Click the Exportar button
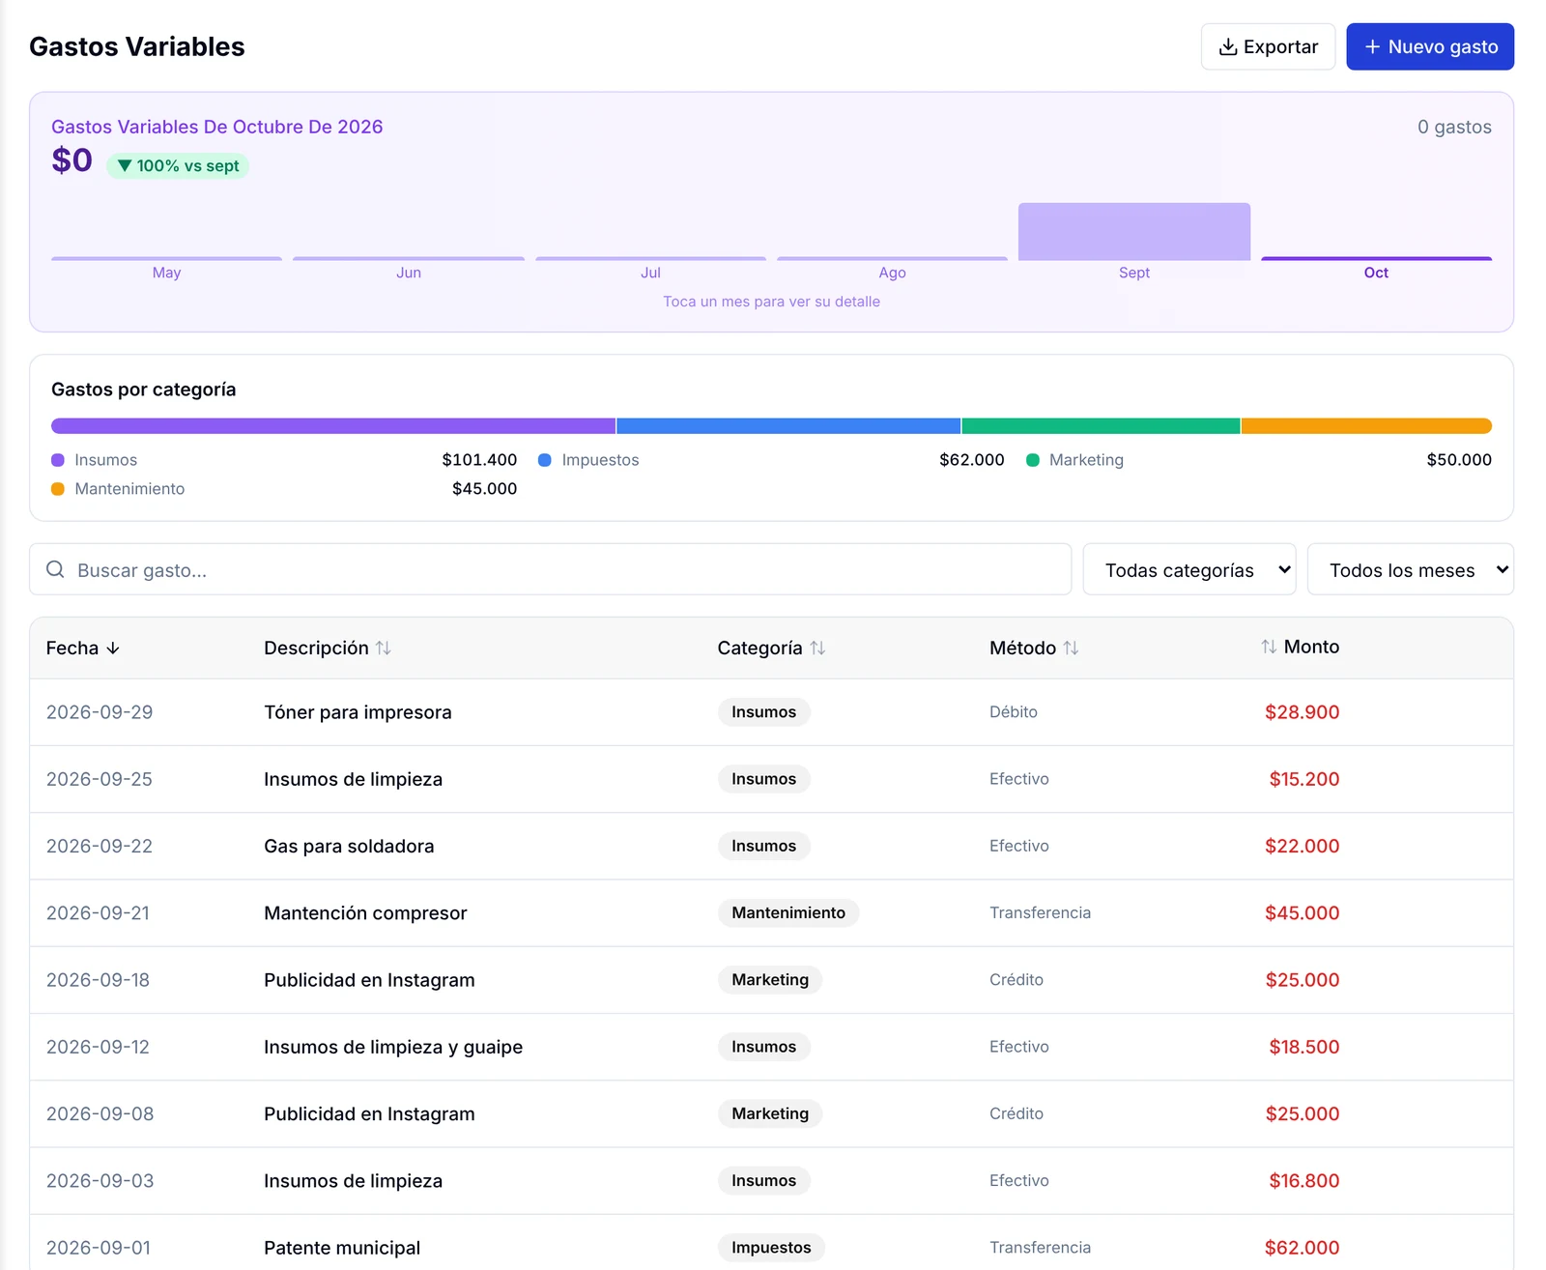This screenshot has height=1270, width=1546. (x=1267, y=47)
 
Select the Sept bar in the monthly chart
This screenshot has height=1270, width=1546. (x=1133, y=232)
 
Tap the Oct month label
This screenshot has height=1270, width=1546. (x=1375, y=273)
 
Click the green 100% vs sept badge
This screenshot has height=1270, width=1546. (x=178, y=165)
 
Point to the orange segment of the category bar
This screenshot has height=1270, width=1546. (x=1365, y=426)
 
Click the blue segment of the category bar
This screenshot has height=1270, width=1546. (x=788, y=426)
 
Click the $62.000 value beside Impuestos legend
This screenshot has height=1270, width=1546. (x=971, y=460)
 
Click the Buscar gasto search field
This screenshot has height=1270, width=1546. (x=550, y=569)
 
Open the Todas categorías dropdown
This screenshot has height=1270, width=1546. (x=1188, y=569)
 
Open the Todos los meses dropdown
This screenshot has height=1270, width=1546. (x=1410, y=569)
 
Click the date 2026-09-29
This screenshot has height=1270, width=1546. (x=100, y=712)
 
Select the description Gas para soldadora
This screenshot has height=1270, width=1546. (x=349, y=846)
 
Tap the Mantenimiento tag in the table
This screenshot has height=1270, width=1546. (x=788, y=913)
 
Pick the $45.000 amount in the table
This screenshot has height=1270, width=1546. (x=1302, y=913)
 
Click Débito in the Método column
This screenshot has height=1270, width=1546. (x=1013, y=712)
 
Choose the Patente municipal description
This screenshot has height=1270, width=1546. (x=342, y=1248)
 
